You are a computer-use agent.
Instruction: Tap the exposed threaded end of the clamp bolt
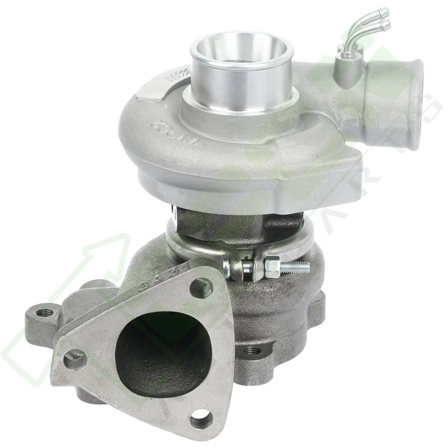296,266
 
